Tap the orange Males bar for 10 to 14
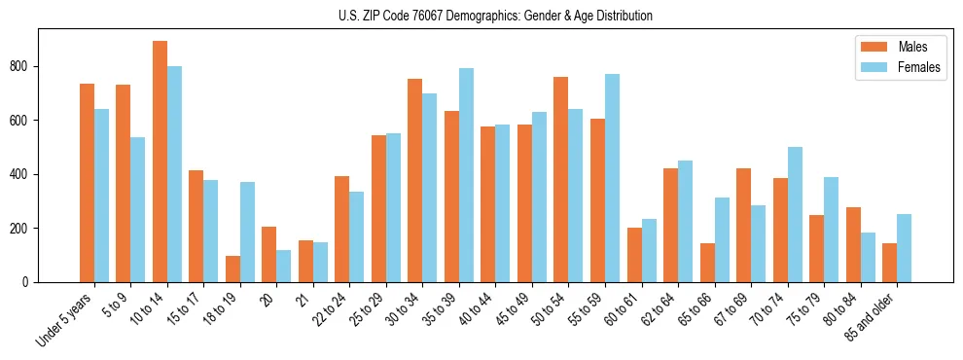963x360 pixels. [160, 162]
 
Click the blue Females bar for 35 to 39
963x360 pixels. [467, 175]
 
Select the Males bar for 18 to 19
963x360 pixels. [232, 269]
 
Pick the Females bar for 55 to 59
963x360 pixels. [613, 178]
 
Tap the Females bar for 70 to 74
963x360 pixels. [795, 214]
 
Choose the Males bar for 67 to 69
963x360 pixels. [744, 225]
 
